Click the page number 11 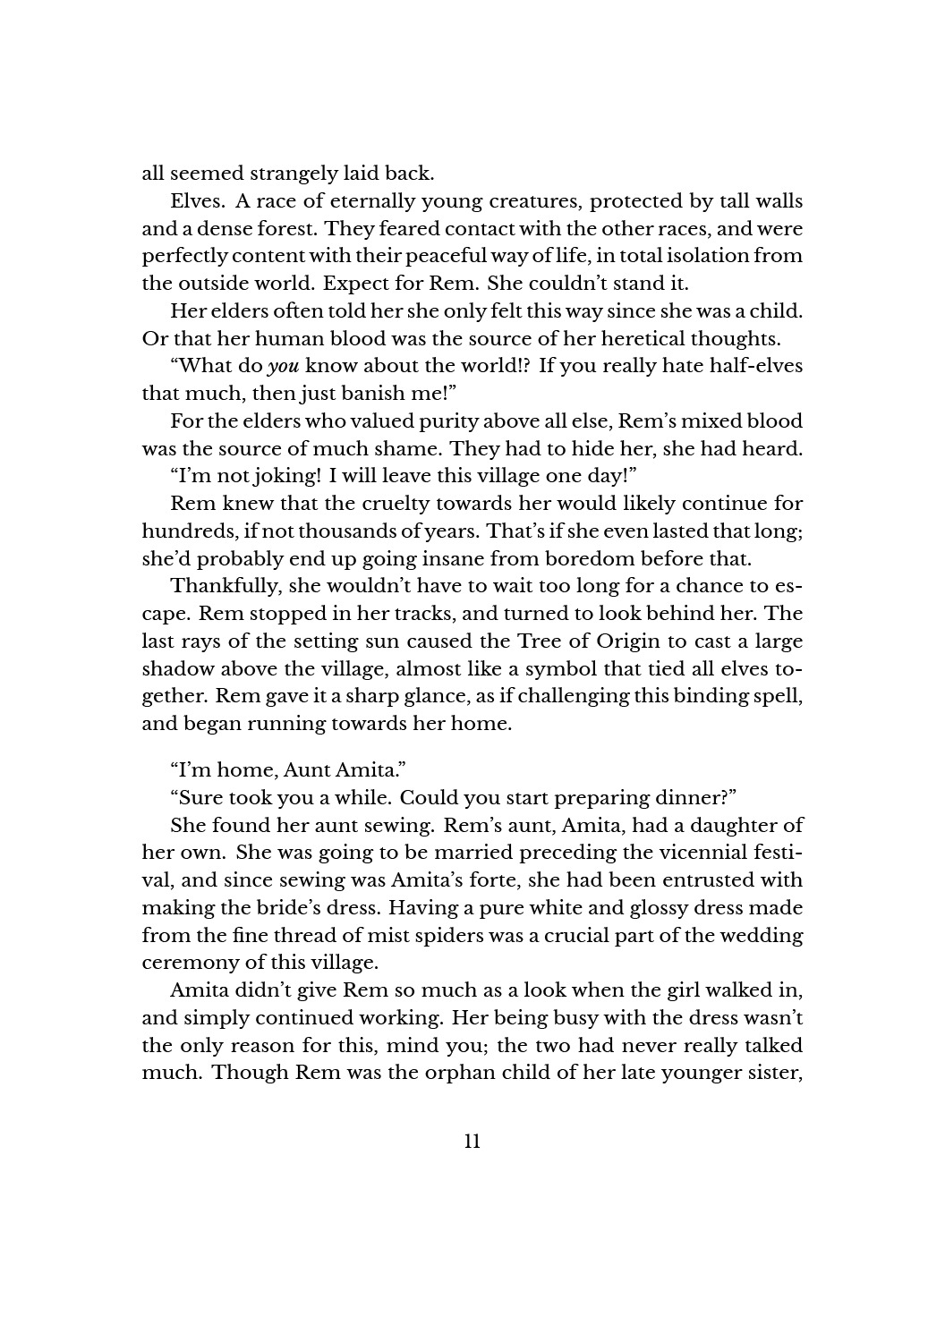[x=472, y=1141]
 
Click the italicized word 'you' [x=283, y=367]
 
